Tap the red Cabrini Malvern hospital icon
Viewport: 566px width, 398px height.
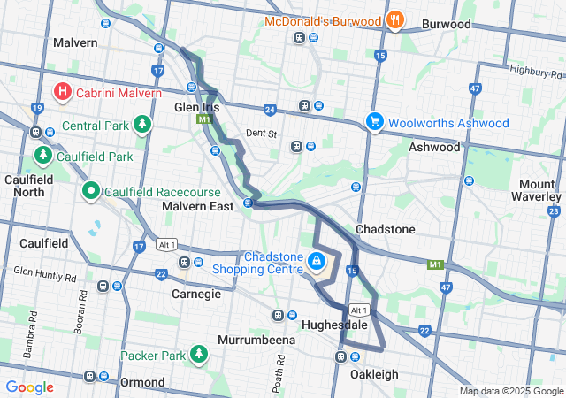tap(63, 91)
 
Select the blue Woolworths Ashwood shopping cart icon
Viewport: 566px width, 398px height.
tap(375, 122)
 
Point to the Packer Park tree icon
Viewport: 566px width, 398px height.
tap(200, 356)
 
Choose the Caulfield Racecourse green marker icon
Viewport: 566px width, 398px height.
tap(91, 191)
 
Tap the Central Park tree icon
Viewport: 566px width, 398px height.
tap(142, 125)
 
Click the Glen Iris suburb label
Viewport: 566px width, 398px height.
tap(195, 106)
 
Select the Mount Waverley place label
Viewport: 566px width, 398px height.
tap(538, 190)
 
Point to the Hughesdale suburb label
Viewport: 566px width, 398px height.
tap(334, 325)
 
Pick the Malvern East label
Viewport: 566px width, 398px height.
tap(197, 206)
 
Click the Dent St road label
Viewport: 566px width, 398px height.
tap(262, 134)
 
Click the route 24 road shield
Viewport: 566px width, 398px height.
tap(270, 109)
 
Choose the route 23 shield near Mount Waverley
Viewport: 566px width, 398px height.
tap(554, 210)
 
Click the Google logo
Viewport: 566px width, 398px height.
tap(29, 387)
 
